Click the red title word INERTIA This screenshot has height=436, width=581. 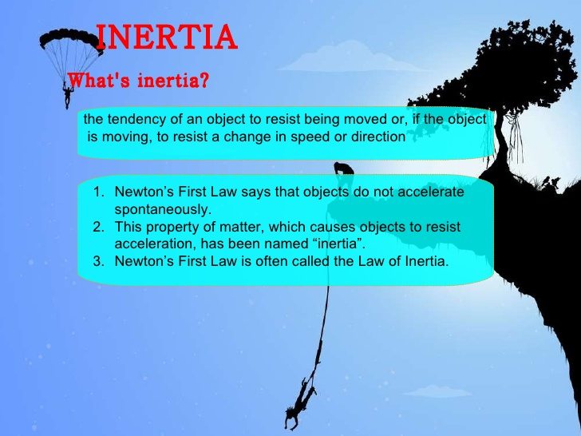[167, 38]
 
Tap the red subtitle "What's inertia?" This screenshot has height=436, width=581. [139, 81]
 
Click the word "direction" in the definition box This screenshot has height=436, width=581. [377, 137]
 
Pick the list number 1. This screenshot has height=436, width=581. [97, 192]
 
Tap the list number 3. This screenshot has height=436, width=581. [97, 261]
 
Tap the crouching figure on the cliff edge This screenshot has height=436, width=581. [344, 169]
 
